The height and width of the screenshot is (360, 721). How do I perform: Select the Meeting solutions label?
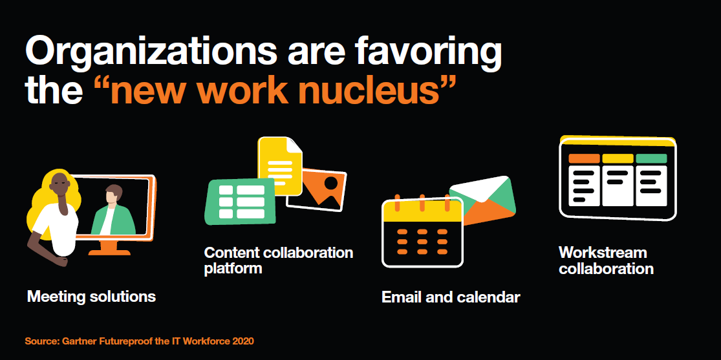point(92,297)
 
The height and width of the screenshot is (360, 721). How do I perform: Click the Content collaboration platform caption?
point(279,260)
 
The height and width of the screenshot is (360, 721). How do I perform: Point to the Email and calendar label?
point(451,297)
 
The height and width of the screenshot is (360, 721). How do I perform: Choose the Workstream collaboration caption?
point(606,260)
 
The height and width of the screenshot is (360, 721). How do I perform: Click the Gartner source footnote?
point(139,341)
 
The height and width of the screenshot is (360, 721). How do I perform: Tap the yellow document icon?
point(279,165)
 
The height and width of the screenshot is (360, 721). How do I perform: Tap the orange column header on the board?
point(584,158)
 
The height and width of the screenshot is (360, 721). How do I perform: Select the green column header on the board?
point(651,158)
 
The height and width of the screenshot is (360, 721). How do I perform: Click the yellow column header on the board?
point(618,158)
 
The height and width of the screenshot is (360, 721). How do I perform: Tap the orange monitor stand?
point(109,248)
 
